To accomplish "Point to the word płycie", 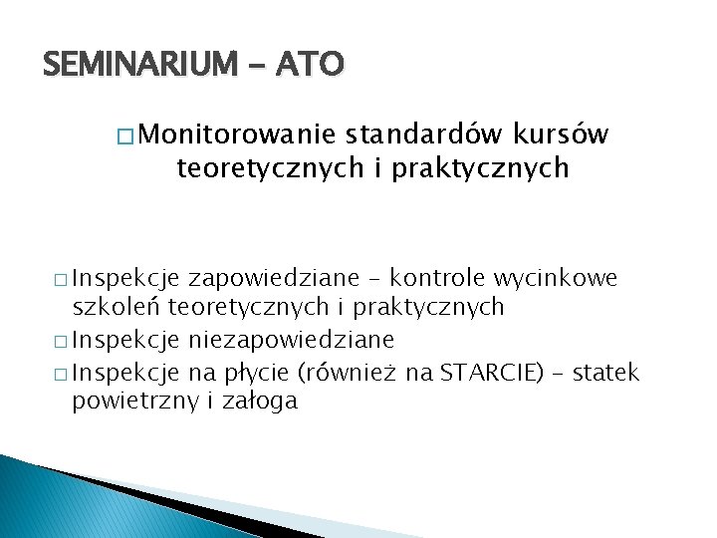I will (264, 374).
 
